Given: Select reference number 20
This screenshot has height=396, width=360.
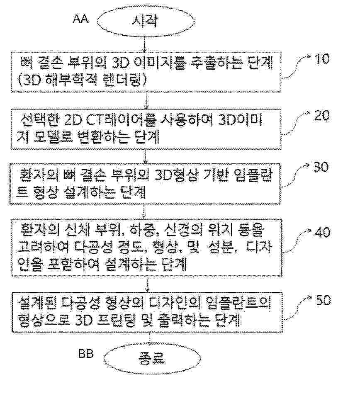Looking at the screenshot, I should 321,116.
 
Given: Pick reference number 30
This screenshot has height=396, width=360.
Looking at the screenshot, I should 319,167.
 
